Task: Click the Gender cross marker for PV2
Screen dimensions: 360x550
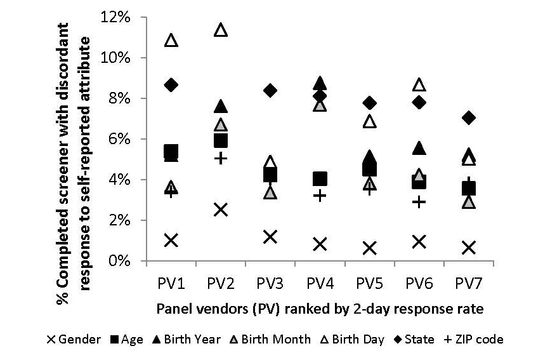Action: click(220, 210)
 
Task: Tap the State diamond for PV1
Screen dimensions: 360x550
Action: click(171, 84)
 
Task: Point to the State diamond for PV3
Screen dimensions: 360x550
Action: click(270, 91)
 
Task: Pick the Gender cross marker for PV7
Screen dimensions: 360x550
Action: click(469, 248)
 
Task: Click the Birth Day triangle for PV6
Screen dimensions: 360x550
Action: click(419, 84)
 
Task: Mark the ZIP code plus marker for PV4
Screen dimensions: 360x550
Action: click(320, 196)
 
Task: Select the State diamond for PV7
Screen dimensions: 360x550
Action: click(469, 117)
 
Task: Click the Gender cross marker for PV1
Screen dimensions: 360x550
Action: click(171, 240)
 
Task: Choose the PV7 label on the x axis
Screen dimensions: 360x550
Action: click(469, 281)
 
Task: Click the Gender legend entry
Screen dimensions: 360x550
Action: click(74, 339)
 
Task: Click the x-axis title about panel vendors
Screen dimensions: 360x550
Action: click(320, 309)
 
